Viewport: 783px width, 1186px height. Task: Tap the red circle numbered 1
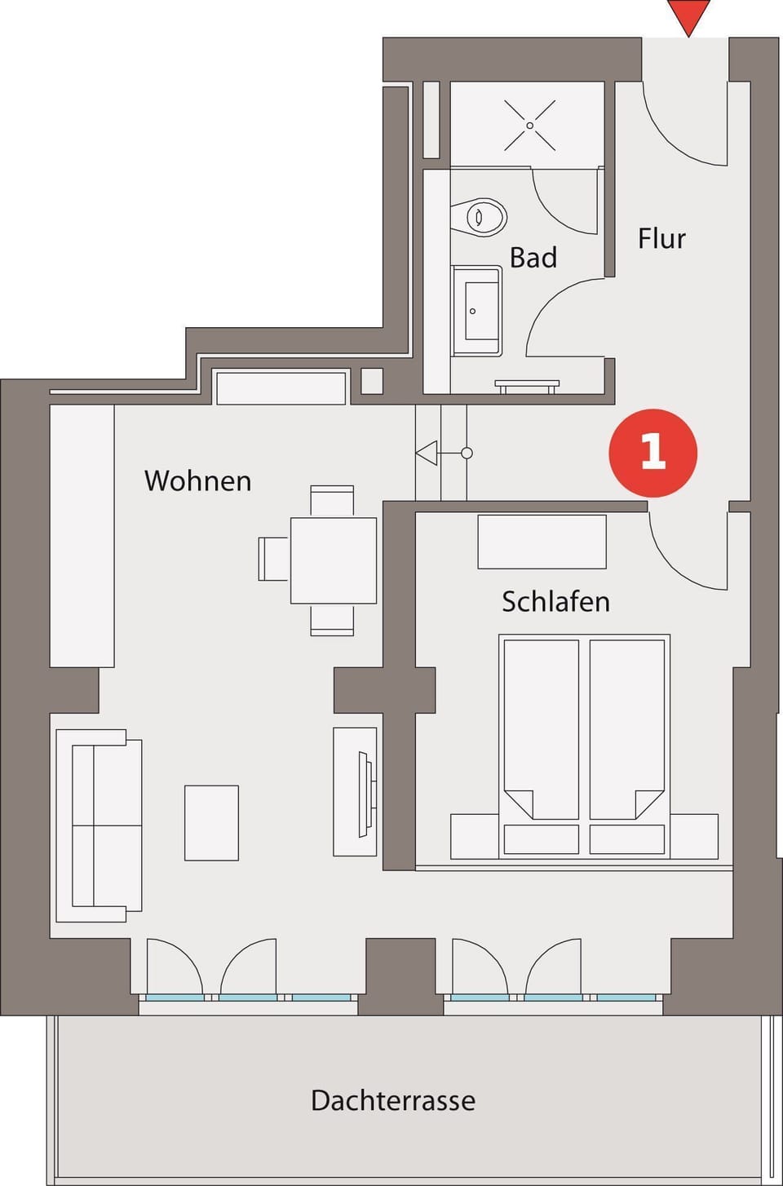point(652,453)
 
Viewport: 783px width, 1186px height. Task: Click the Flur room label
point(661,239)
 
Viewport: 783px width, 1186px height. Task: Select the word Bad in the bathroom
point(533,258)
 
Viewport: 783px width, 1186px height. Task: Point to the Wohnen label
point(197,480)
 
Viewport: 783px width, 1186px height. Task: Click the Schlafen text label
point(555,602)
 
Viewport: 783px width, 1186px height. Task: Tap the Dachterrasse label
point(393,1100)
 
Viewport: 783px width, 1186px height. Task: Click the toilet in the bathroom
point(481,217)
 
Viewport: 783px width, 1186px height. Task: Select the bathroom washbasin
point(476,311)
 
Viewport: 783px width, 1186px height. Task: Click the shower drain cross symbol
point(529,126)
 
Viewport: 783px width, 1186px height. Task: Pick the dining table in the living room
point(333,560)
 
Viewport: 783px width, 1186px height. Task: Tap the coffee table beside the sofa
point(211,822)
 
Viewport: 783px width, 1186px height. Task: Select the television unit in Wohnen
point(356,791)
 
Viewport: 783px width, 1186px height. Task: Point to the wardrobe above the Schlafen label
point(542,542)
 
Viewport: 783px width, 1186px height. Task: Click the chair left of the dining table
point(273,559)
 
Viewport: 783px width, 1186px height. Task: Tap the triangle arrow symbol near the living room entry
point(427,453)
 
